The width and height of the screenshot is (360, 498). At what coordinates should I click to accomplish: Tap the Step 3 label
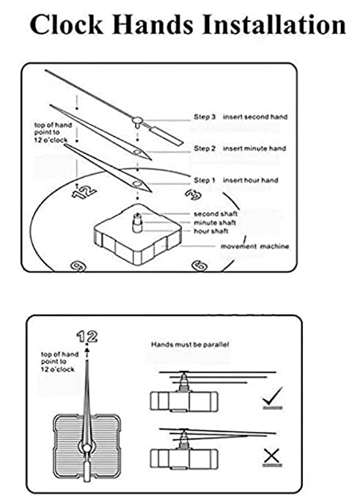(x=205, y=116)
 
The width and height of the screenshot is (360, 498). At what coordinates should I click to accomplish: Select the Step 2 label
(x=205, y=148)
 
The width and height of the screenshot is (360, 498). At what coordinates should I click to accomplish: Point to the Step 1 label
(x=205, y=180)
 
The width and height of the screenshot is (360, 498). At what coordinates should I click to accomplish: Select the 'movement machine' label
(x=254, y=246)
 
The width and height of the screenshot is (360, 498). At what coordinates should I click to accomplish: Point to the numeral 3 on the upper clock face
(x=193, y=194)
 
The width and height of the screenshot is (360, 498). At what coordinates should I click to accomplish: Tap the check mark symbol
(x=272, y=400)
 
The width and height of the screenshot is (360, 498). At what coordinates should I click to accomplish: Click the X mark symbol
(x=272, y=456)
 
